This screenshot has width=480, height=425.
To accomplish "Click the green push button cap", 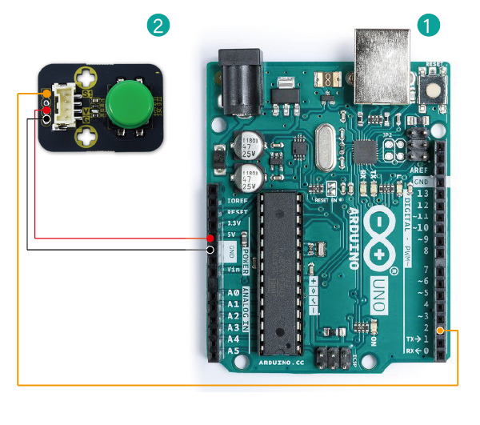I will coord(128,106).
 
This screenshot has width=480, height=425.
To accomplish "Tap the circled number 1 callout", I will coord(429,25).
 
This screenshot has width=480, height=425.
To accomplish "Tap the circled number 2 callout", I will coord(159,25).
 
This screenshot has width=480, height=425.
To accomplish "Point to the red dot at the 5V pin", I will coord(210,239).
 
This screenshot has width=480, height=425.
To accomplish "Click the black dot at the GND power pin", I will coord(210,250).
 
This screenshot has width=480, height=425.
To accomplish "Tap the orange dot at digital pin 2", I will coord(450,330).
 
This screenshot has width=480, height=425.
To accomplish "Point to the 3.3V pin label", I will coord(233,223).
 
